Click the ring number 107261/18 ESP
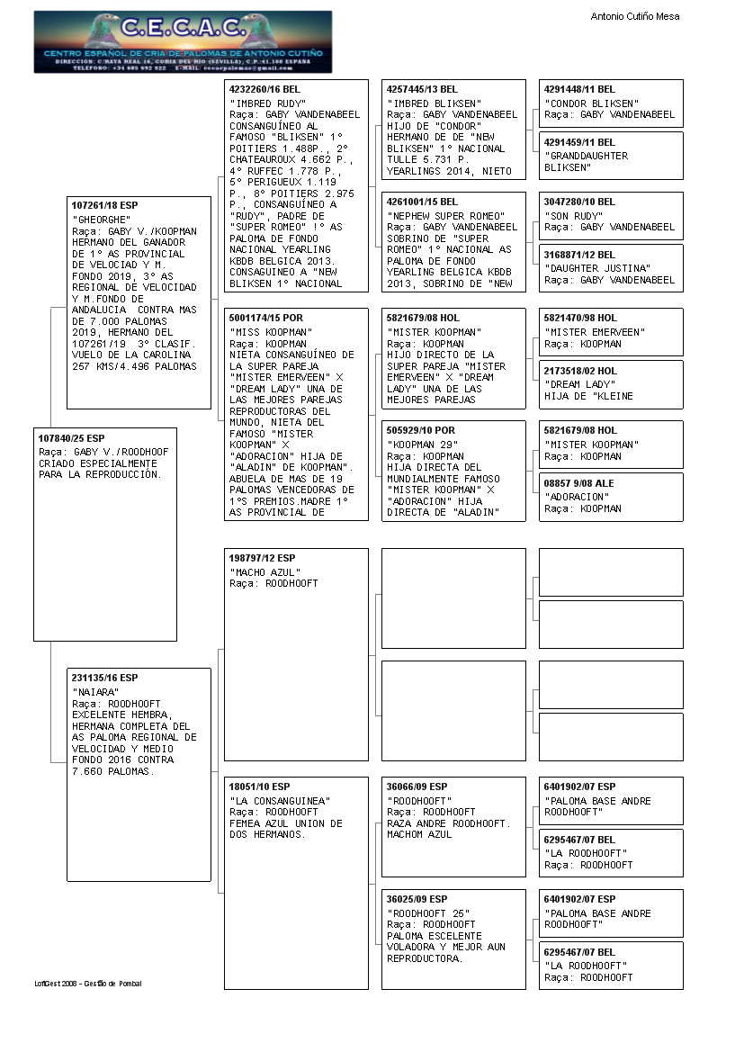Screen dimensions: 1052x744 click(x=105, y=205)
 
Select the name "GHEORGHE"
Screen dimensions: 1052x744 click(x=102, y=220)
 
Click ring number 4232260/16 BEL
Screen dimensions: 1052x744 click(x=264, y=90)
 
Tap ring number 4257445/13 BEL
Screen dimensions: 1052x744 click(x=422, y=90)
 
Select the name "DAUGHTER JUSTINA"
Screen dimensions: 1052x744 click(x=596, y=268)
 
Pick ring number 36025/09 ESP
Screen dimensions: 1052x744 click(x=417, y=899)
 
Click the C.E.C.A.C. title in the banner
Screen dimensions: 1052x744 click(x=183, y=29)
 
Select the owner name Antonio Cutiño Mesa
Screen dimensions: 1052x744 click(x=634, y=16)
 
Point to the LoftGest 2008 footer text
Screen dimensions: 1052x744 click(x=87, y=984)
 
